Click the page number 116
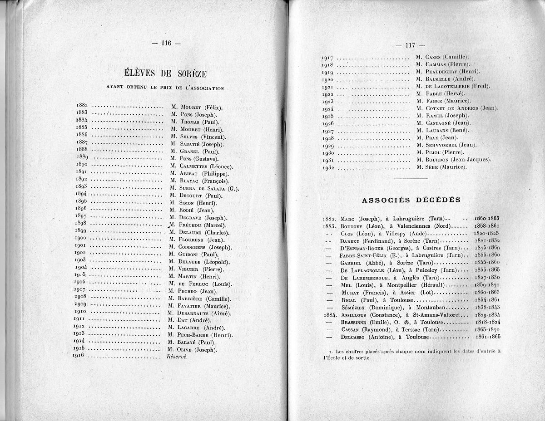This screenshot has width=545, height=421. [166, 44]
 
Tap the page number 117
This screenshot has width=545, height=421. [410, 45]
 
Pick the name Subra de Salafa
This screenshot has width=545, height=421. [203, 188]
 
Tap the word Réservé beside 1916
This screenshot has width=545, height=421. [177, 357]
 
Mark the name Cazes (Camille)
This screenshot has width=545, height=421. [447, 57]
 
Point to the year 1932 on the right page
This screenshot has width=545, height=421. [328, 167]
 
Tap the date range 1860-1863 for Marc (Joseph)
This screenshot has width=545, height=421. [487, 218]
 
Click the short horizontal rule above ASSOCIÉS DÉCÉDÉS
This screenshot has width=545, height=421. [411, 179]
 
